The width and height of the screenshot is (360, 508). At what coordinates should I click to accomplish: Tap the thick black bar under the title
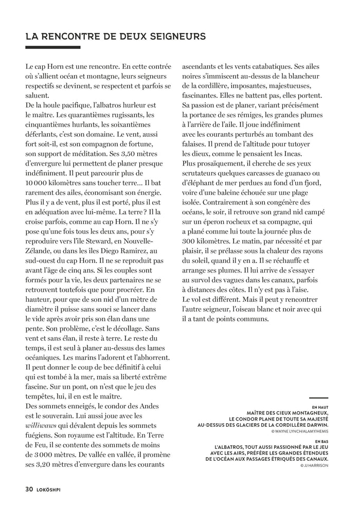tap(53, 48)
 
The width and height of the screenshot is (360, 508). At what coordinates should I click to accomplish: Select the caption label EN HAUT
tap(319, 406)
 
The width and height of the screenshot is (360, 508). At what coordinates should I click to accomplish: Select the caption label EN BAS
tap(320, 442)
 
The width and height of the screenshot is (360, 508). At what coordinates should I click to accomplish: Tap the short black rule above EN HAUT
tap(319, 398)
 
